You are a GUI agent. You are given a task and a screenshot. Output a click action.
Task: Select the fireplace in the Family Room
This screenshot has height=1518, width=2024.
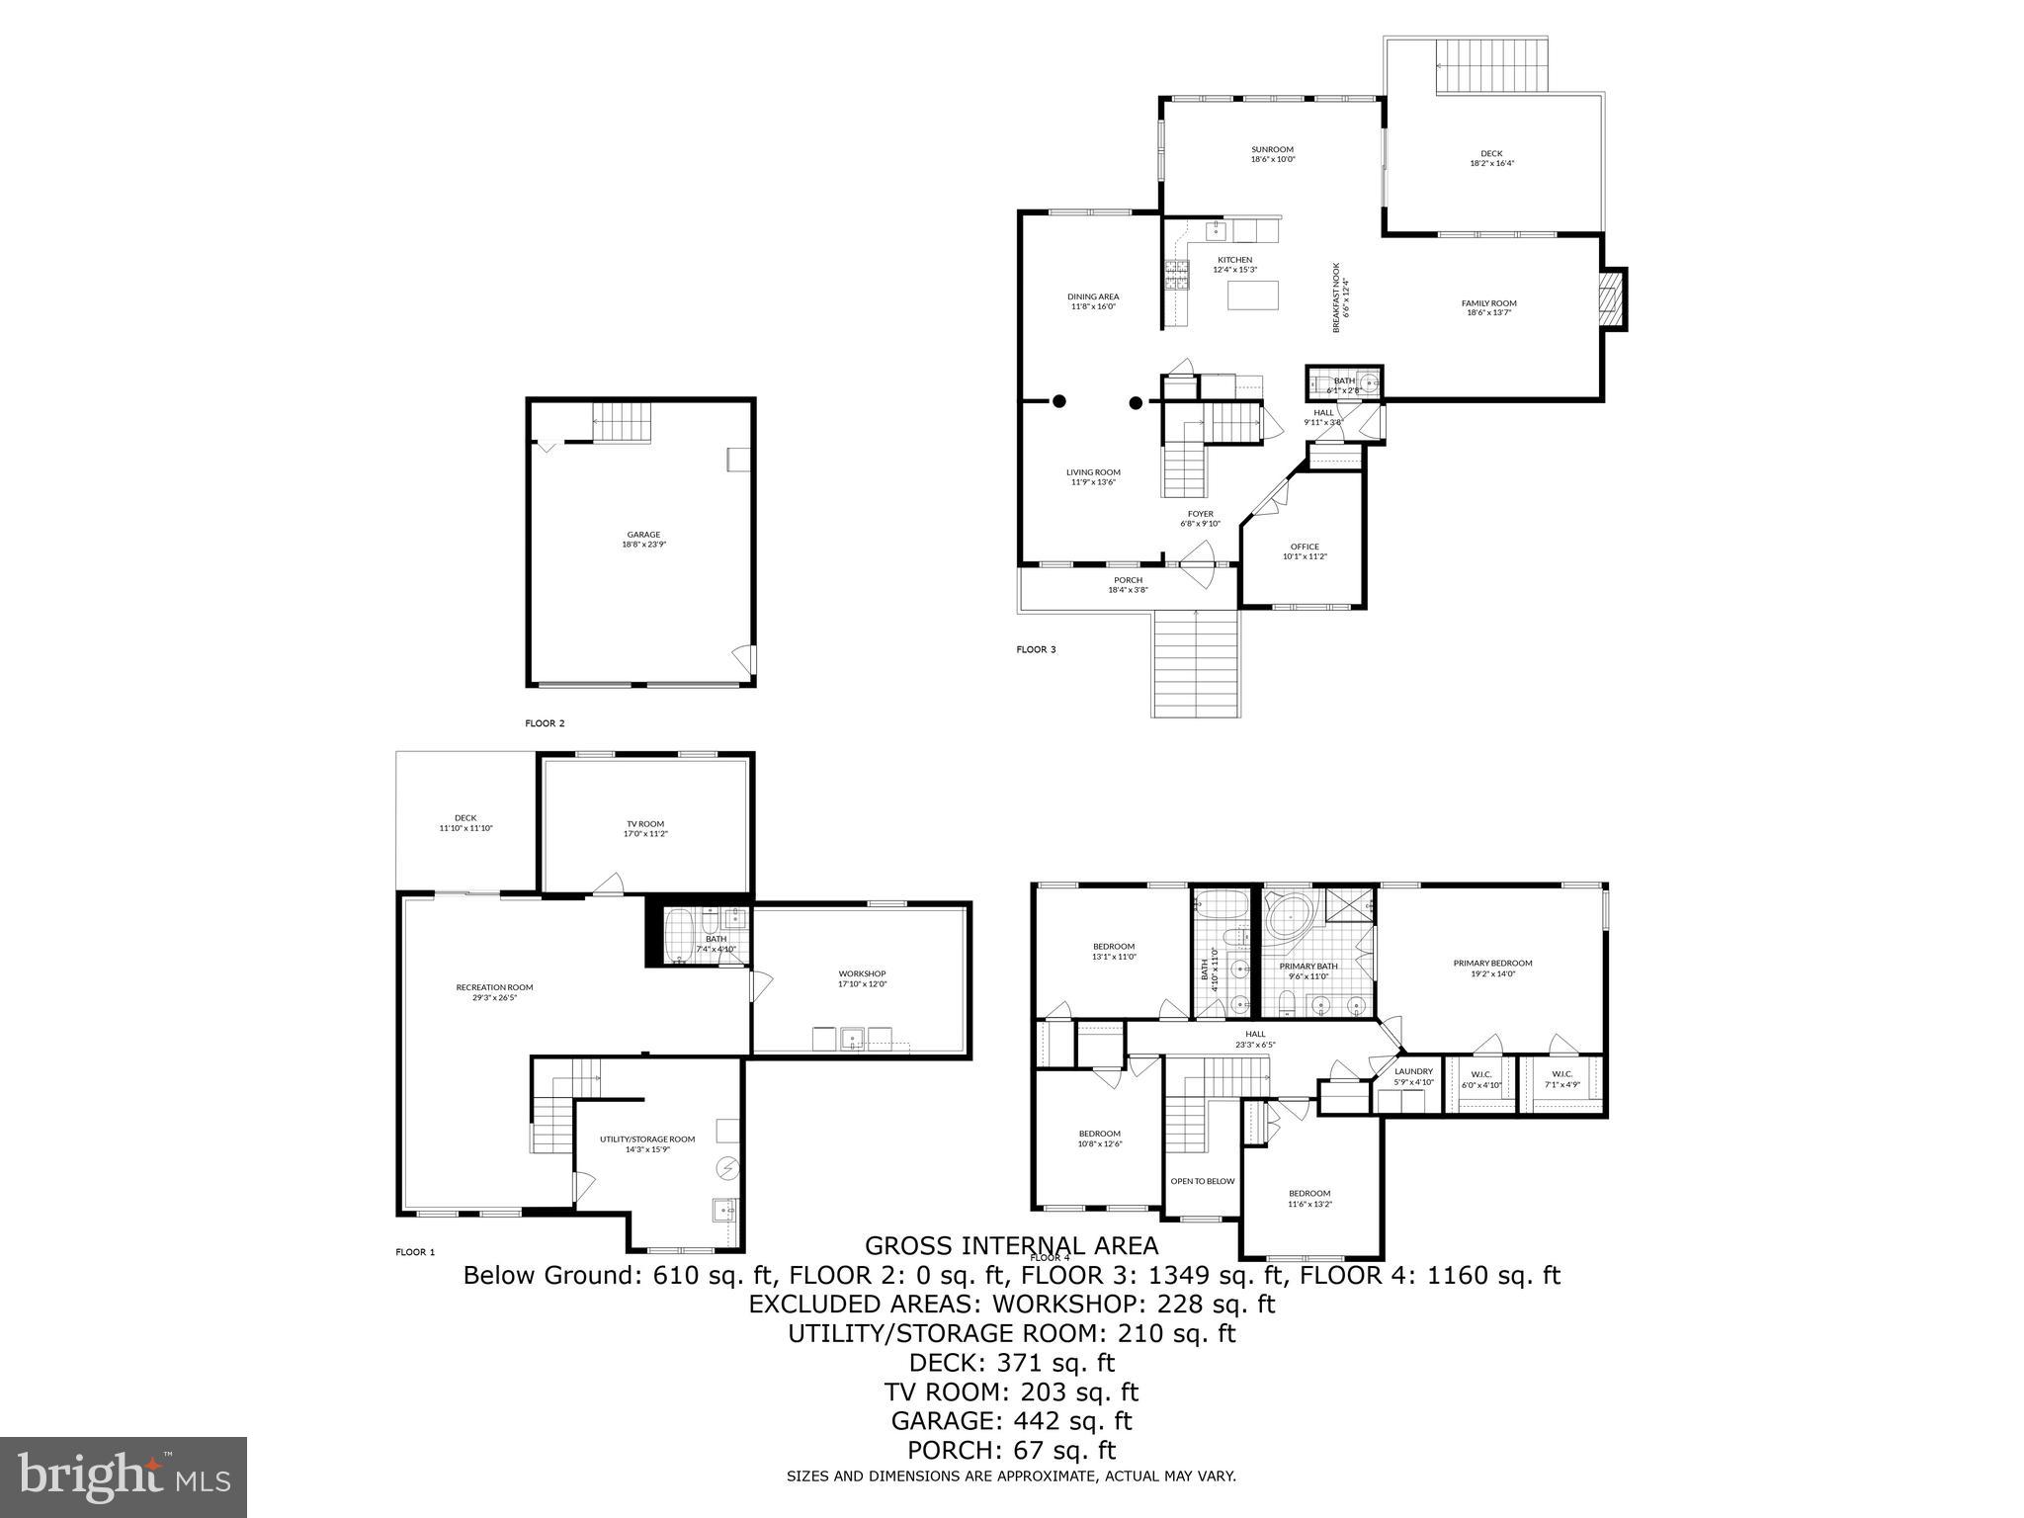coord(1612,298)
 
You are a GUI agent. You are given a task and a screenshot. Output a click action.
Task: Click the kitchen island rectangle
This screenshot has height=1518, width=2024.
coord(1252,295)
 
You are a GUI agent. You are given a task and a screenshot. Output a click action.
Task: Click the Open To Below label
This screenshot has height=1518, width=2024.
coord(1202,1181)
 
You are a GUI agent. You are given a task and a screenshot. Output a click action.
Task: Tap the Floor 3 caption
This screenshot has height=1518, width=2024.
coord(1036,649)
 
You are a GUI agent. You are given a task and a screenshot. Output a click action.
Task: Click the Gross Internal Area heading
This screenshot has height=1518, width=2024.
coord(1011,1245)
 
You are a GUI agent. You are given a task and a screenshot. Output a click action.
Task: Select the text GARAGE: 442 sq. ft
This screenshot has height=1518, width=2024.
coord(1011,1421)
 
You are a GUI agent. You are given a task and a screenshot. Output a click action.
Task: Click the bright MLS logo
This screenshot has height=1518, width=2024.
coord(124,1477)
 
